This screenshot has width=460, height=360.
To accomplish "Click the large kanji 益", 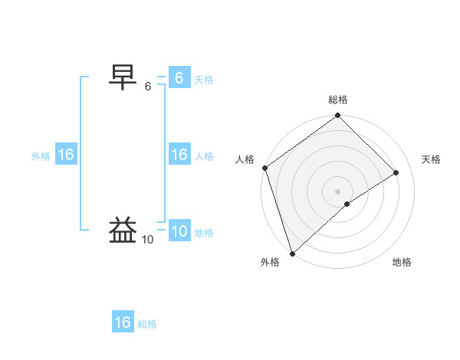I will pyautogui.click(x=124, y=230).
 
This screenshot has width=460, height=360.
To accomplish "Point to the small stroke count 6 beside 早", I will pyautogui.click(x=148, y=87).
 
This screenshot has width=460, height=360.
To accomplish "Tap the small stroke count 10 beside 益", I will pyautogui.click(x=147, y=240).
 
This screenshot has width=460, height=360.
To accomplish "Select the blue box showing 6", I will pyautogui.click(x=179, y=78).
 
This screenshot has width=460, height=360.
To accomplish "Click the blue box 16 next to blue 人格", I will pyautogui.click(x=179, y=155).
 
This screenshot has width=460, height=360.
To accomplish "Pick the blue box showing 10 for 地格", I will pyautogui.click(x=179, y=231).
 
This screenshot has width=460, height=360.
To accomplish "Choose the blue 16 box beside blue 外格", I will pyautogui.click(x=66, y=155).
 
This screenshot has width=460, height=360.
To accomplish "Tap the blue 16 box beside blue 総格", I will pyautogui.click(x=123, y=322).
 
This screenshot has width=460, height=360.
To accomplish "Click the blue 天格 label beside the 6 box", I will pyautogui.click(x=204, y=80).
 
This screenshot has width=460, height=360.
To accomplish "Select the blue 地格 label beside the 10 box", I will pyautogui.click(x=204, y=233).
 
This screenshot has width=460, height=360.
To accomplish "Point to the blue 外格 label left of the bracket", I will pyautogui.click(x=41, y=156).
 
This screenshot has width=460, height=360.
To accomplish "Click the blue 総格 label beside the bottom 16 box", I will pyautogui.click(x=147, y=324).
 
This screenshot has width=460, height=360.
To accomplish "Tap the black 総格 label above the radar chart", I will pyautogui.click(x=338, y=100).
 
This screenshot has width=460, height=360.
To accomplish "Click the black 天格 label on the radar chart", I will pyautogui.click(x=432, y=159).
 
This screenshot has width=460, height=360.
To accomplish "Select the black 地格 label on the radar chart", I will pyautogui.click(x=402, y=262).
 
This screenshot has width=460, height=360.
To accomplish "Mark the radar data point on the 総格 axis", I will pyautogui.click(x=338, y=116).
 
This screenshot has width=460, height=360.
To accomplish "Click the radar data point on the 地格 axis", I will pyautogui.click(x=347, y=204).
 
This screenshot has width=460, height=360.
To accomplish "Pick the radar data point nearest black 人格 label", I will pyautogui.click(x=265, y=168).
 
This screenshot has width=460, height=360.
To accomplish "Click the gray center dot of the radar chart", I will pyautogui.click(x=338, y=191).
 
